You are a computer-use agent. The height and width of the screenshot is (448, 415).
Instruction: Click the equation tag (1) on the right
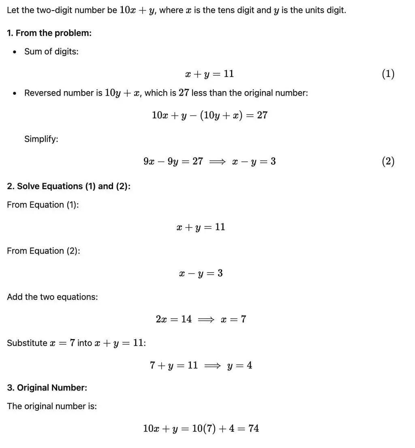coord(388,74)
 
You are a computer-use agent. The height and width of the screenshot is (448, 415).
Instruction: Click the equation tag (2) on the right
coord(388,161)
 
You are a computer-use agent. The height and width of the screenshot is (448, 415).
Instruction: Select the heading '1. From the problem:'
coord(49,33)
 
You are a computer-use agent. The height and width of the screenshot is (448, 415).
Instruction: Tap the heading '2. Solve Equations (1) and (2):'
coord(68,186)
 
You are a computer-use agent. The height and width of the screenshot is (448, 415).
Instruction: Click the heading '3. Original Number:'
coord(47,388)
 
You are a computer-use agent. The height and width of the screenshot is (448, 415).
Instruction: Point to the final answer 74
coord(254,428)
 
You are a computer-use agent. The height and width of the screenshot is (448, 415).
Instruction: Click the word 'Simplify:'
coord(41,139)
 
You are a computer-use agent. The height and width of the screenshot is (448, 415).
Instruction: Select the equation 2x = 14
coord(173,319)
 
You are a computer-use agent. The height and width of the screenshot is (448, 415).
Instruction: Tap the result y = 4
coord(240,365)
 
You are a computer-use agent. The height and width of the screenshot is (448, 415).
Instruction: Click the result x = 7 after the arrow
coord(233,319)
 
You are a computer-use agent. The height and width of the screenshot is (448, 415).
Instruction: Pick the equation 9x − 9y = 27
coord(173,161)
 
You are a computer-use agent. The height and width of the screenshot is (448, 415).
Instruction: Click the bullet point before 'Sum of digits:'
coord(15,52)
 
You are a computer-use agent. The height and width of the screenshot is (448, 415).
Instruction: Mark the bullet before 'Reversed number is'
coord(15,93)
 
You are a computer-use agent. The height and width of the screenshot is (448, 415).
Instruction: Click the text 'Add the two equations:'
coord(52,297)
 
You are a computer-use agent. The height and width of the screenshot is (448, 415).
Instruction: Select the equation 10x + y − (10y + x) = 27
coord(210,115)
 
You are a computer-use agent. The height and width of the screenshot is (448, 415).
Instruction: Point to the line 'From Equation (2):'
coord(43,251)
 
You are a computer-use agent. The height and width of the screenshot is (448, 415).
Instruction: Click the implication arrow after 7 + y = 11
coord(212,365)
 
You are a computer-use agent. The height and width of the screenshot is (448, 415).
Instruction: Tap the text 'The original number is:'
coord(52,406)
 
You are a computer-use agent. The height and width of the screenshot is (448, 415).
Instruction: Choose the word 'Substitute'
coord(27,343)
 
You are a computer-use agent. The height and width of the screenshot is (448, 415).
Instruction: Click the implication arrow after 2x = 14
coord(206,319)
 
